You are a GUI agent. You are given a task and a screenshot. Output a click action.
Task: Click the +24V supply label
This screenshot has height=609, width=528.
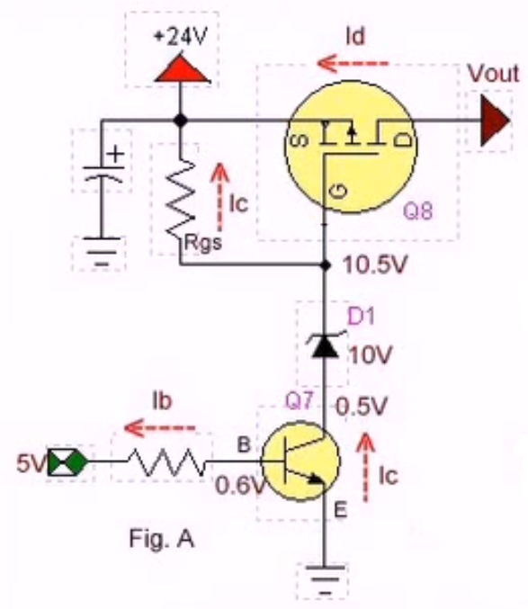tap(181, 37)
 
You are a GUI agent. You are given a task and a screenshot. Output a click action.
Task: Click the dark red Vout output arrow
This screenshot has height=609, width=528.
tap(495, 121)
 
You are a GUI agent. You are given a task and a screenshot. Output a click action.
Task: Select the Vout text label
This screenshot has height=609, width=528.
tap(493, 73)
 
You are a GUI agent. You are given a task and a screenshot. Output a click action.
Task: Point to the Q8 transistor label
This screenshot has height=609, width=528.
tap(417, 210)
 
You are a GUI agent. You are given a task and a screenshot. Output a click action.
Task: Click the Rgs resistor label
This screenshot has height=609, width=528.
tap(202, 243)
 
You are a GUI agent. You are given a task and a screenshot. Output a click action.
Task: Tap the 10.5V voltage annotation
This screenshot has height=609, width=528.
tap(375, 264)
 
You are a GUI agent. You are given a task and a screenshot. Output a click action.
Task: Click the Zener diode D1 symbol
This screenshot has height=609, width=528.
tap(326, 345)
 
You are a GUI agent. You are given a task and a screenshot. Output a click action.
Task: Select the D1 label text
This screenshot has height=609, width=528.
tap(361, 316)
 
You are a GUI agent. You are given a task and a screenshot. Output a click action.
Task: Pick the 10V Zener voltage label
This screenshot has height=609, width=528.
tap(371, 355)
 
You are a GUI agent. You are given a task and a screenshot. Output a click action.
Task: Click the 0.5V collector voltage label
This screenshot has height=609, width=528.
tap(361, 407)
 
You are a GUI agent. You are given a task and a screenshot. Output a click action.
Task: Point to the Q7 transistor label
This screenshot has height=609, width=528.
tap(299, 400)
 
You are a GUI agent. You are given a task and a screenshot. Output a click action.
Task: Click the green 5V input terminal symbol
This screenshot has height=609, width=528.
tap(67, 461)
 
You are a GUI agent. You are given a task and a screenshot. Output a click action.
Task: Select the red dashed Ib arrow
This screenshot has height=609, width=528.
tap(159, 428)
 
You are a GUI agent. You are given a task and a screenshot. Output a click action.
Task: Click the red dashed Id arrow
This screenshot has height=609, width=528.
tap(353, 63)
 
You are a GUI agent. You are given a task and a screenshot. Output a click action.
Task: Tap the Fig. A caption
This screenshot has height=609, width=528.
tap(162, 539)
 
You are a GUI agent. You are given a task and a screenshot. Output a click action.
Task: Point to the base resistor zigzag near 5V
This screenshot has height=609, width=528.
tap(167, 461)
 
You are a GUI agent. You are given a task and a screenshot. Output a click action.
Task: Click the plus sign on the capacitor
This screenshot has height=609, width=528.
tap(116, 155)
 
